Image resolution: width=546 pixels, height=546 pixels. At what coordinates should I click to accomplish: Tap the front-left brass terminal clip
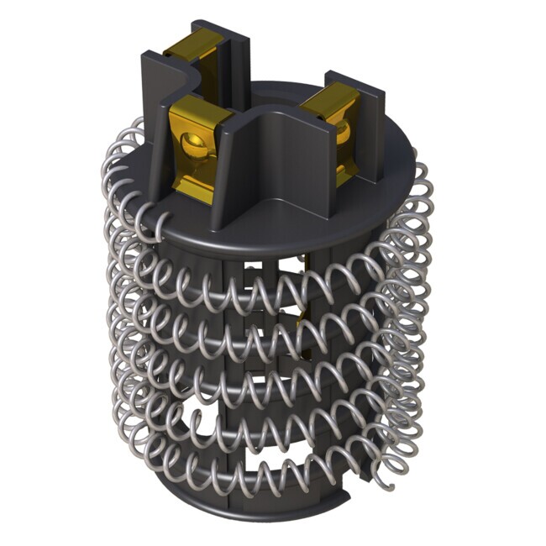(x=195, y=147)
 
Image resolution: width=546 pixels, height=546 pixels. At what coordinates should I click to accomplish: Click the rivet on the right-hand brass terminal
(x=344, y=129)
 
